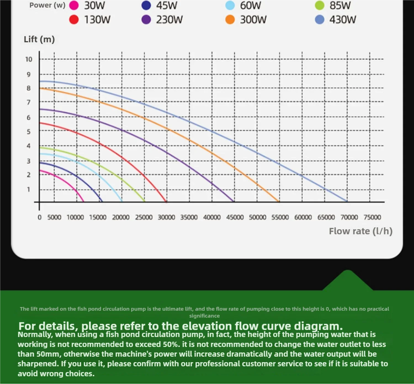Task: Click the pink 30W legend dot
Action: point(74,5)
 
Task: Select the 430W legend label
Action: point(343,20)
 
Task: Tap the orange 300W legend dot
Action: point(230,20)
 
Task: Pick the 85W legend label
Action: point(340,5)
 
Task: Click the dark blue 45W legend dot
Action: point(146,5)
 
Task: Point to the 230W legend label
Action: point(169,20)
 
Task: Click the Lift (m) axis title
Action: point(39,39)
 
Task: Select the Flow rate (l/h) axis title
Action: point(360,231)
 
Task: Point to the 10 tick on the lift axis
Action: point(29,59)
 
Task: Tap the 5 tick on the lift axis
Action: point(28,132)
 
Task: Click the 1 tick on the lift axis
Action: point(28,189)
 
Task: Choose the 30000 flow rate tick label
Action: point(166,217)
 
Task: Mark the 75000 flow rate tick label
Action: point(372,217)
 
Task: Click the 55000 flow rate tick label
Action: point(280,217)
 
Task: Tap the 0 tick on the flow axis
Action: point(39,217)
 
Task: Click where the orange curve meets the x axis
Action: point(279,201)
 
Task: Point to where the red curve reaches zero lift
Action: point(166,201)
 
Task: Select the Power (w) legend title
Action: point(47,5)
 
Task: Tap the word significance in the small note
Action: point(204,316)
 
